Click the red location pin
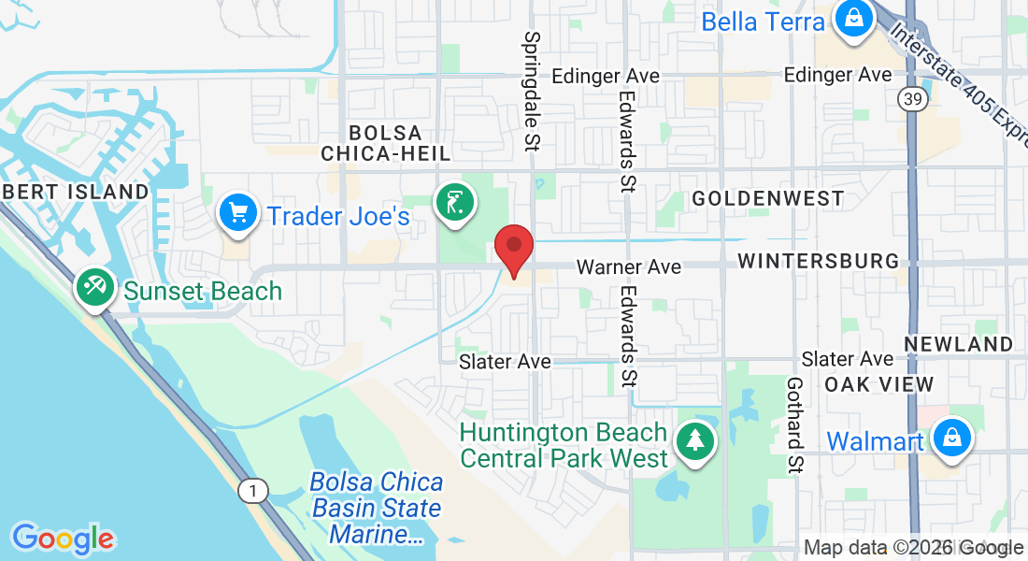513,248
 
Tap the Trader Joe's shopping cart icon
238,214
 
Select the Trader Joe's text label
338,216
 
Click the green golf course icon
454,203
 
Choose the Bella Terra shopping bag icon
852,19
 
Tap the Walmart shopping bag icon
950,439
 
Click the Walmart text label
876,440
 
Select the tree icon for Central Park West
693,440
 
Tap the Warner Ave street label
628,267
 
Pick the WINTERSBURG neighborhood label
818,261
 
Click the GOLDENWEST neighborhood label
767,198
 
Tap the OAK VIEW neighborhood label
878,384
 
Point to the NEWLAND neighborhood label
958,344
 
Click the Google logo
63,538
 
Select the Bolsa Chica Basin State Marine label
377,509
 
